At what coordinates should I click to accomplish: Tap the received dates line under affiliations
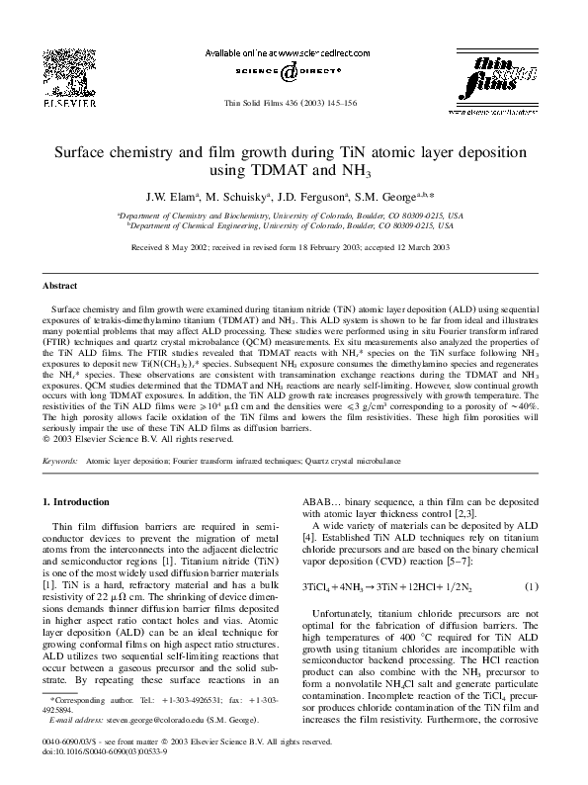pyautogui.click(x=294, y=247)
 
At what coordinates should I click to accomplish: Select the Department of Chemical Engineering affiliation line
pyautogui.click(x=294, y=224)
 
